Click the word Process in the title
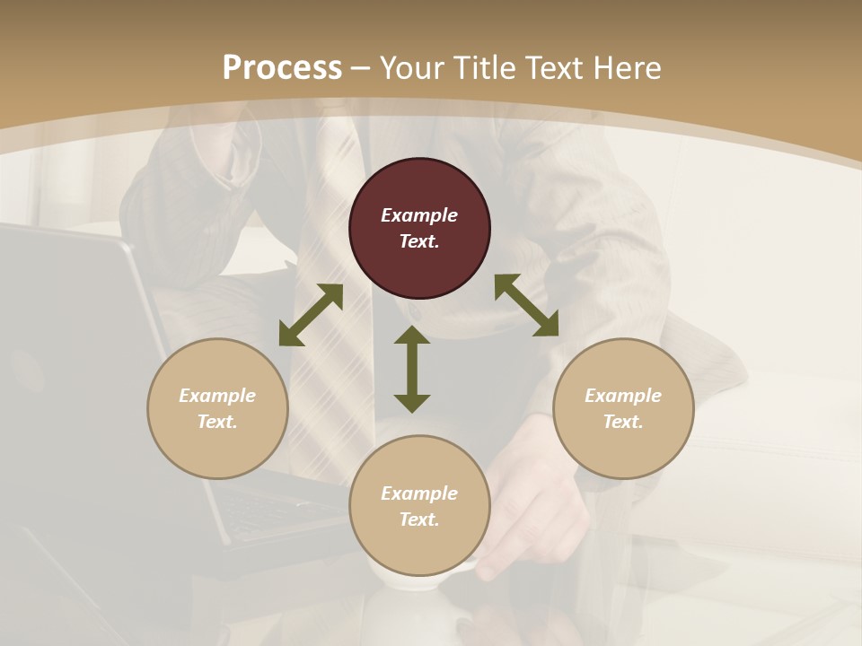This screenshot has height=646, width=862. (282, 68)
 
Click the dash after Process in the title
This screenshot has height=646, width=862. (360, 69)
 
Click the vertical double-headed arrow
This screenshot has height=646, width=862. (412, 369)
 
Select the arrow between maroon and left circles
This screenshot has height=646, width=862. (311, 315)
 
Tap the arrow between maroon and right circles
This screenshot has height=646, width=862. (526, 305)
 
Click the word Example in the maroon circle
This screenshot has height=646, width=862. (419, 215)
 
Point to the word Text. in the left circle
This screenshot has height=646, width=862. (217, 422)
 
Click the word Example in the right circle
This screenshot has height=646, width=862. (623, 396)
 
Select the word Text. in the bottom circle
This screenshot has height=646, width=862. (419, 519)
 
